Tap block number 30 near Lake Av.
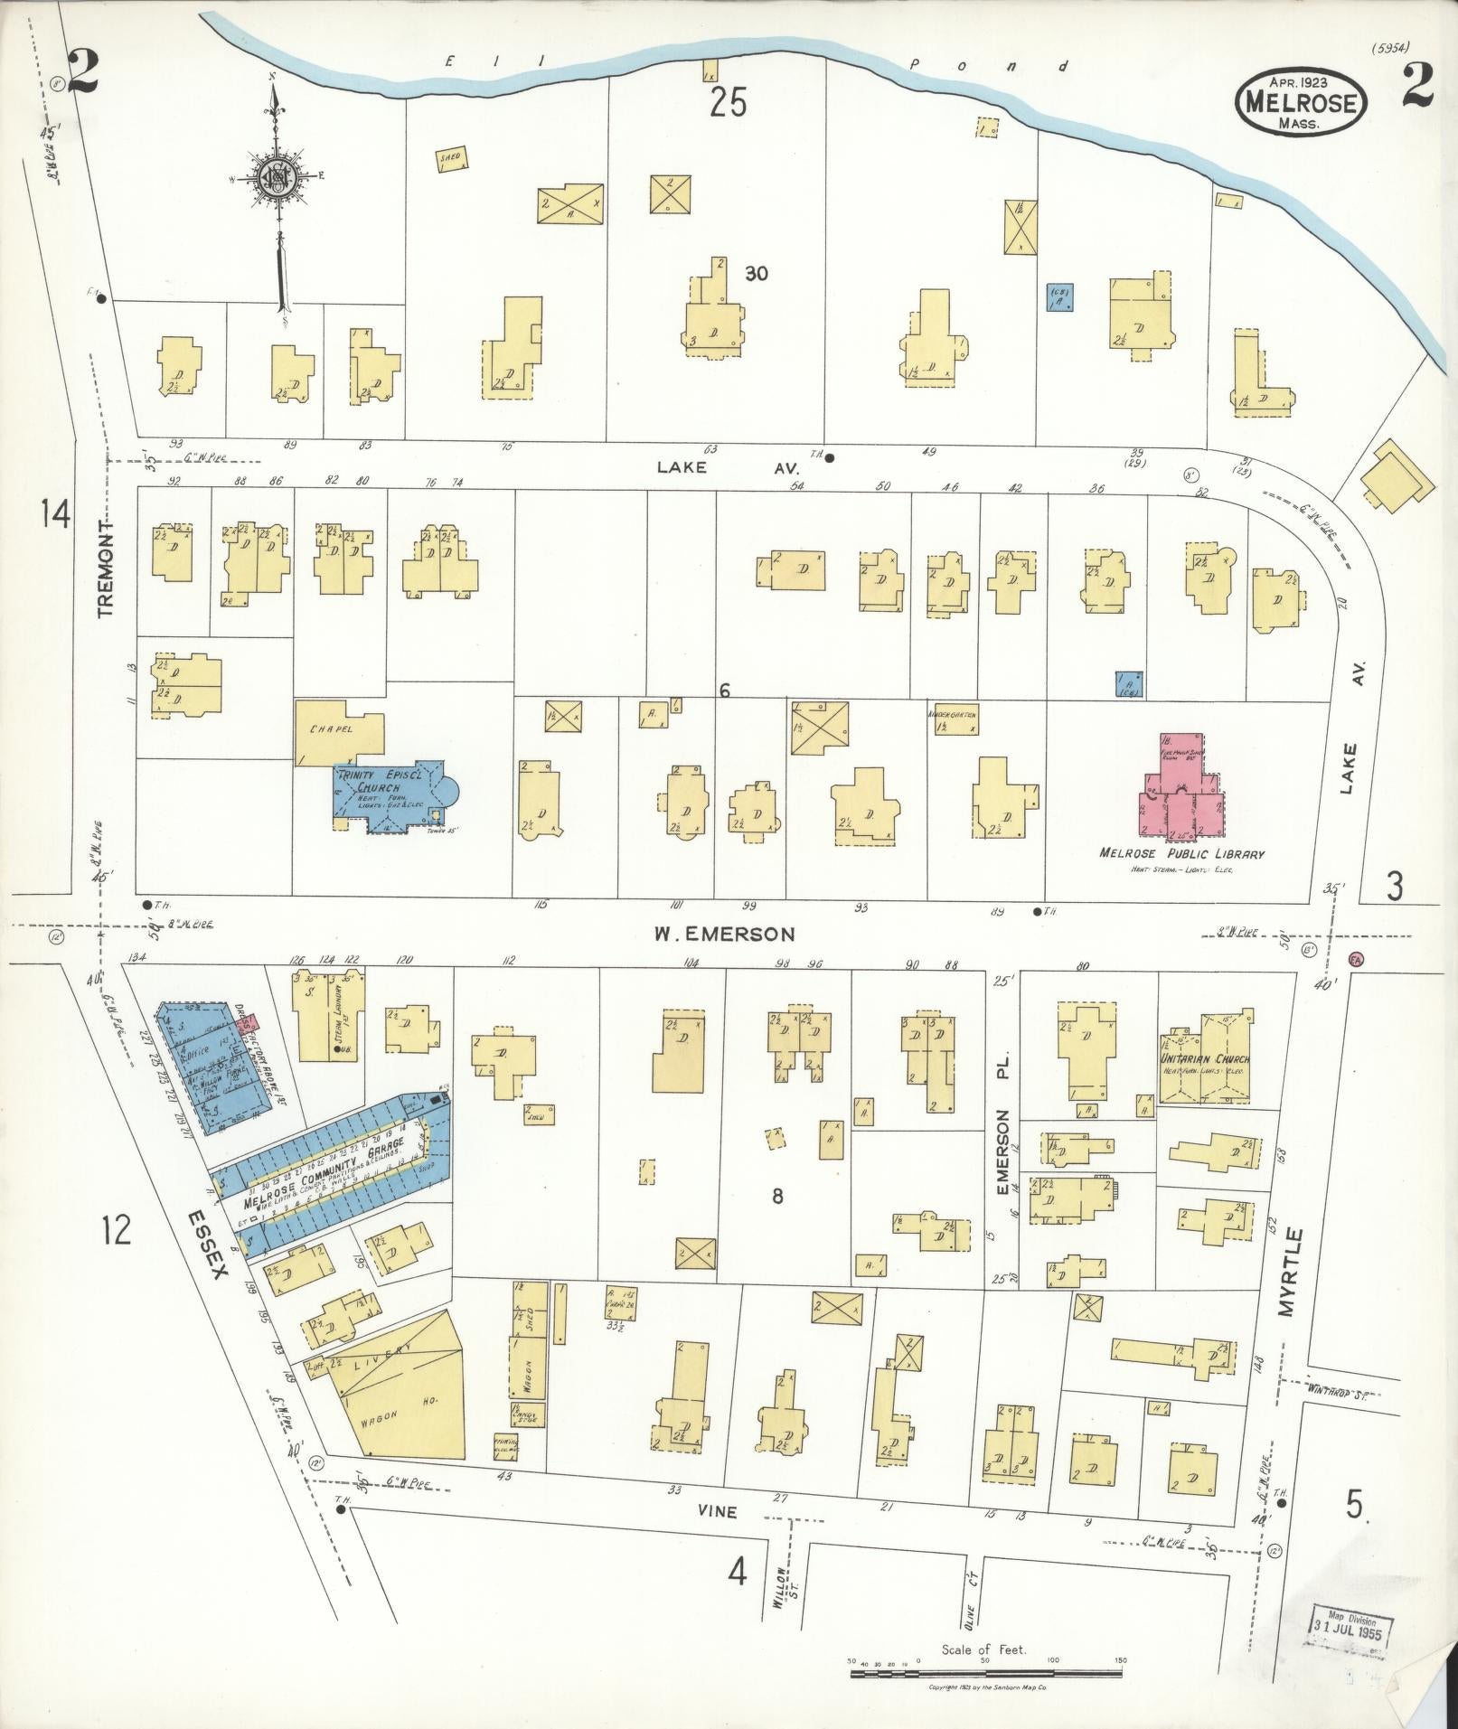757,273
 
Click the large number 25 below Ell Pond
728,104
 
